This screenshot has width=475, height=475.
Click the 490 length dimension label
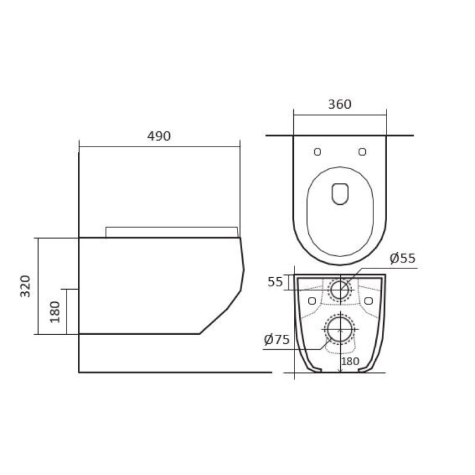pyautogui.click(x=159, y=137)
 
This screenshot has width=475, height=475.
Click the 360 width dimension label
pyautogui.click(x=340, y=104)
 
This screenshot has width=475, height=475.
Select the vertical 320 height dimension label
pyautogui.click(x=25, y=286)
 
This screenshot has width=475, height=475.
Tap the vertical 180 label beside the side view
pyautogui.click(x=55, y=312)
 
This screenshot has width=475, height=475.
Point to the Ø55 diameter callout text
pyautogui.click(x=403, y=258)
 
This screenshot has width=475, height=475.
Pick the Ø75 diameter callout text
pyautogui.click(x=277, y=340)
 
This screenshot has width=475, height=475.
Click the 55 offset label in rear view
pyautogui.click(x=275, y=282)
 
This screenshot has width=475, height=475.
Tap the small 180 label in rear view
pyautogui.click(x=350, y=361)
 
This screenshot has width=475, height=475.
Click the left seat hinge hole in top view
pyautogui.click(x=318, y=152)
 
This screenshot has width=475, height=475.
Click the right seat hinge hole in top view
pyautogui.click(x=362, y=152)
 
